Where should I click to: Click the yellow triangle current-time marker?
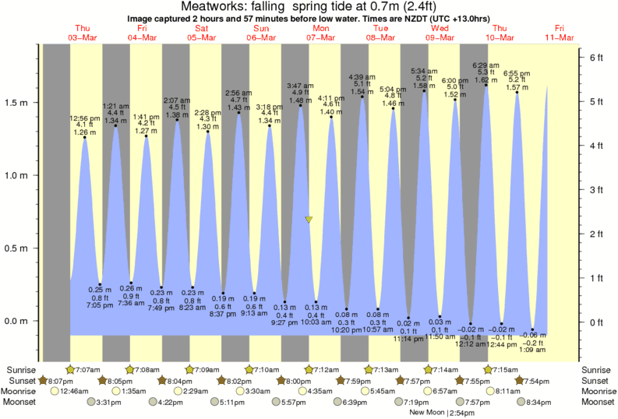pyautogui.click(x=309, y=220)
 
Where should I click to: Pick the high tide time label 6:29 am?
pyautogui.click(x=486, y=65)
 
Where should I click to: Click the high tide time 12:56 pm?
pyautogui.click(x=84, y=118)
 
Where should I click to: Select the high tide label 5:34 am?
pyautogui.click(x=424, y=71)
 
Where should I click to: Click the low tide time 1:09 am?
pyautogui.click(x=533, y=350)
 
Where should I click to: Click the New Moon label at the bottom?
pyautogui.click(x=431, y=413)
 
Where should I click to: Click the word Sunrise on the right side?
pyautogui.click(x=598, y=369)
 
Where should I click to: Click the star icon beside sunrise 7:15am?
pyautogui.click(x=488, y=369)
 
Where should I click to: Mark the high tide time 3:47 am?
pyautogui.click(x=300, y=85)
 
